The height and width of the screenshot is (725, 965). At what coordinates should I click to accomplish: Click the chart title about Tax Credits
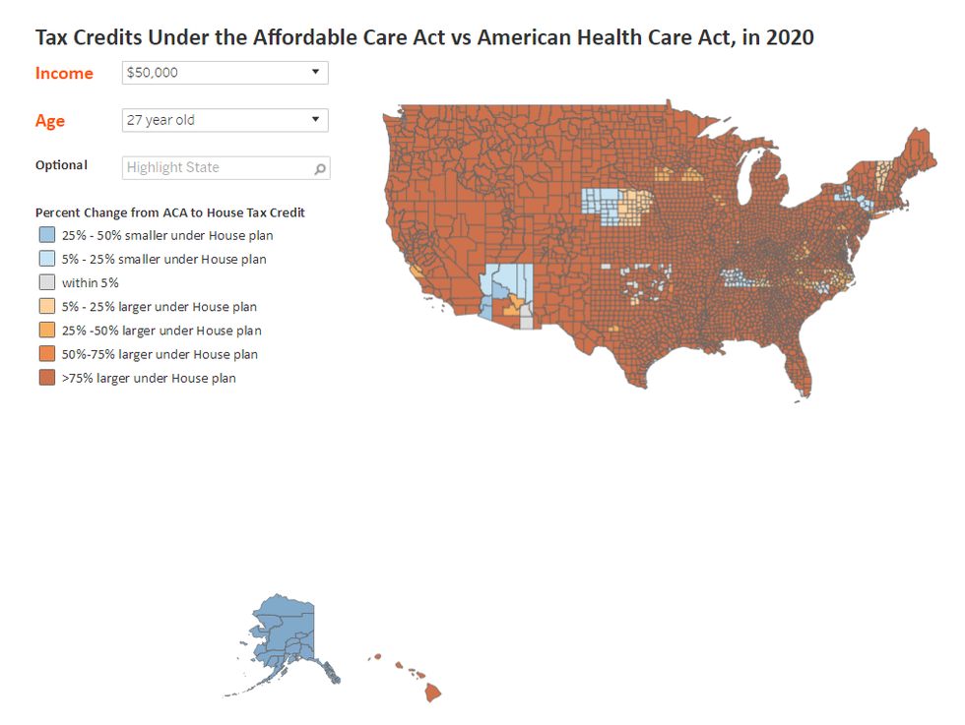tap(424, 38)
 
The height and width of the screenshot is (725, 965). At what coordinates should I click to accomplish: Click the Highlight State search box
tap(217, 167)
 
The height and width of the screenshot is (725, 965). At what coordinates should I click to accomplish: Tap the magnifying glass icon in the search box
tap(319, 168)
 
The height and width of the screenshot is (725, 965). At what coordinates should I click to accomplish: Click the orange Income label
tap(64, 73)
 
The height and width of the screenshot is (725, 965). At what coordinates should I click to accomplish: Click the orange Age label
tap(50, 121)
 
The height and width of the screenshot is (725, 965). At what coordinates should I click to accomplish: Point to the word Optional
tap(61, 165)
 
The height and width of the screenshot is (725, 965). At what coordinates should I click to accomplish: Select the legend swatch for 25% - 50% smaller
tap(47, 236)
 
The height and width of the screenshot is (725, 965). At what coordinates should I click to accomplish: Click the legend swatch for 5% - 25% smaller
tap(47, 260)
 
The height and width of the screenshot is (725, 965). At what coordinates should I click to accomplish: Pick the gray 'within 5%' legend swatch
tap(47, 283)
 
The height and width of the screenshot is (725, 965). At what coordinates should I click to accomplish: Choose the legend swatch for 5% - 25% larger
tap(47, 307)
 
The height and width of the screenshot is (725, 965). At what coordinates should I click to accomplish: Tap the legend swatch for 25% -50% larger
tap(47, 331)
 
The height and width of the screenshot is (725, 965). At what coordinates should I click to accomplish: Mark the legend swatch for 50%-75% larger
tap(47, 354)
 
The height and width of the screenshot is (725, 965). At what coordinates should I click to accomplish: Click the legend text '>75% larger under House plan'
tap(149, 378)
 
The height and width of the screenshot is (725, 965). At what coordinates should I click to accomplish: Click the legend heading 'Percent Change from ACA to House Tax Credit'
tap(170, 212)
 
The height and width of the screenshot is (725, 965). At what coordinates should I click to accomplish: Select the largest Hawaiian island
tap(432, 693)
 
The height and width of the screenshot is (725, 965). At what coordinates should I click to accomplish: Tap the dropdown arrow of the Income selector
tap(315, 72)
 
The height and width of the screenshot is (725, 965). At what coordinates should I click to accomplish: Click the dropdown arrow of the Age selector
tap(315, 119)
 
